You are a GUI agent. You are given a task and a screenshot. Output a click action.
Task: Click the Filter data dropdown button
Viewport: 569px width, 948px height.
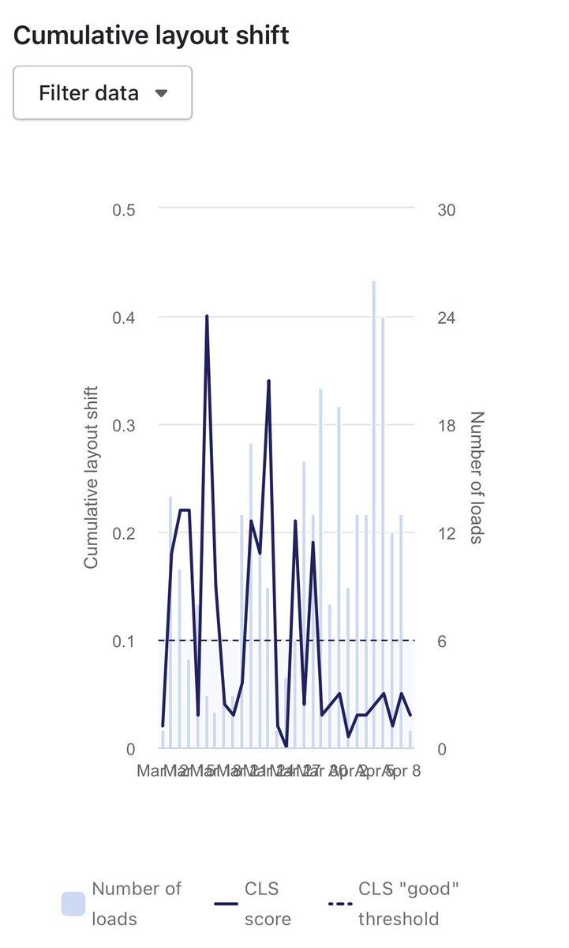coord(103,93)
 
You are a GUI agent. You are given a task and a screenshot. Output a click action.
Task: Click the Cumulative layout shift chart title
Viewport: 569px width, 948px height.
coord(152,36)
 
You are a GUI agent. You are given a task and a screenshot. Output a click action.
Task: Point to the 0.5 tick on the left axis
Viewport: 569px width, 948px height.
coord(124,209)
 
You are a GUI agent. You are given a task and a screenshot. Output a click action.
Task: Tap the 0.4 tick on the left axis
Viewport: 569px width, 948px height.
coord(124,318)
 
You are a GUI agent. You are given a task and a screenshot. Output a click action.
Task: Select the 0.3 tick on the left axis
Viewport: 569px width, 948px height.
coord(124,425)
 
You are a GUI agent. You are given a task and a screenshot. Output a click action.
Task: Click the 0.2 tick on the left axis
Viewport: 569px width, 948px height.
coord(124,533)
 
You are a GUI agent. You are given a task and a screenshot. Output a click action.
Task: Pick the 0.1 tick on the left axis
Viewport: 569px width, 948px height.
coord(124,641)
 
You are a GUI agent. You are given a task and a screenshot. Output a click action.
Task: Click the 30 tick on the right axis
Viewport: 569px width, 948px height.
coord(447,209)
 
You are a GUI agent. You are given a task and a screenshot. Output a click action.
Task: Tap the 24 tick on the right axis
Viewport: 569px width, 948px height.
coord(447,318)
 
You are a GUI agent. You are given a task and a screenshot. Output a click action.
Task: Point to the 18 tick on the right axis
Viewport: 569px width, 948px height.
coord(447,425)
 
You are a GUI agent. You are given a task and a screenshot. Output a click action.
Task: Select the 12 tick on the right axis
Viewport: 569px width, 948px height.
coord(447,533)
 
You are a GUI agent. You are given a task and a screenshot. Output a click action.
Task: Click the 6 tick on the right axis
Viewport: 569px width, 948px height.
coord(443,641)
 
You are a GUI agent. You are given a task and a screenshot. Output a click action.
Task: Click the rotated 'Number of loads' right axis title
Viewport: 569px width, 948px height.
coord(476,478)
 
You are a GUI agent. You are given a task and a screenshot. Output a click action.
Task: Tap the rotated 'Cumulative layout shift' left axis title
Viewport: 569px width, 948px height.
coord(92,478)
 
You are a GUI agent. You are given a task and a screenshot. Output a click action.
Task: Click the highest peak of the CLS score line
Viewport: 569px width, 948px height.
coord(207,317)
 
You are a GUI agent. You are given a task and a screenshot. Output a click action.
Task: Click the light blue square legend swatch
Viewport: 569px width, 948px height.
coord(73,904)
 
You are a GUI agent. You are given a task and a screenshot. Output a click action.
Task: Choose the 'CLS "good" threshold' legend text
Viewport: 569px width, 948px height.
coord(408,904)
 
